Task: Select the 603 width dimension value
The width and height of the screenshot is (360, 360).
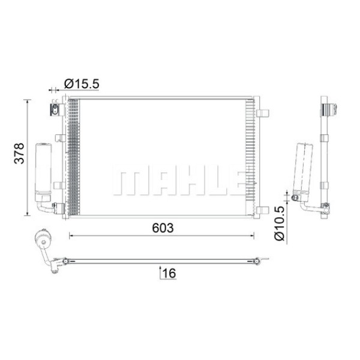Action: click(x=162, y=228)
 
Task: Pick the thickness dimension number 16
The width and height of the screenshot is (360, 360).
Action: click(x=169, y=274)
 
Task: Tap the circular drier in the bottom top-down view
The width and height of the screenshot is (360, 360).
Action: click(x=43, y=239)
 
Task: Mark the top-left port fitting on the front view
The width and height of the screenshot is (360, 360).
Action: click(x=55, y=110)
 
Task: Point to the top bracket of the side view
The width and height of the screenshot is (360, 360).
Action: click(x=328, y=109)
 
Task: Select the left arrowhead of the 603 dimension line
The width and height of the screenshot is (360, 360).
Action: click(x=73, y=236)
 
